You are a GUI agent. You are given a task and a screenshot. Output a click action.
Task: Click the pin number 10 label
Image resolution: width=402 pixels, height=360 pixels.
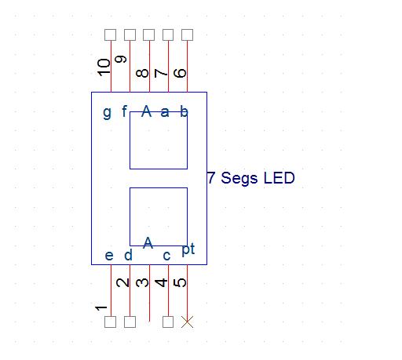click(x=104, y=67)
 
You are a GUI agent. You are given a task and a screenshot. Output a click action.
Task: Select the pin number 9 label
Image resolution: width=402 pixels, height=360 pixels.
click(x=121, y=59)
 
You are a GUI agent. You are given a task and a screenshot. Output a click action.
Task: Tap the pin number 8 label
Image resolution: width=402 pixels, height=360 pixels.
click(x=142, y=73)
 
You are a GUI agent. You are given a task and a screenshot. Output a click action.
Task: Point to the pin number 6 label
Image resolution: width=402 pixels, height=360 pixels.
click(x=180, y=73)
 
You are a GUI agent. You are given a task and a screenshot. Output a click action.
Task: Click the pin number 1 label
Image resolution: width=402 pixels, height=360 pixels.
click(x=101, y=308)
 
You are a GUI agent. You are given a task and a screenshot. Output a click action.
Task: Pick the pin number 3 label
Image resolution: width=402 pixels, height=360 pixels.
click(x=142, y=282)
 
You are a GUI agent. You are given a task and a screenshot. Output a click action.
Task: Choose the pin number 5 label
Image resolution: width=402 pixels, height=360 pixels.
click(x=180, y=282)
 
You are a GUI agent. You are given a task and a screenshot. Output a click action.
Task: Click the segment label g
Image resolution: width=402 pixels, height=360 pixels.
click(x=107, y=113)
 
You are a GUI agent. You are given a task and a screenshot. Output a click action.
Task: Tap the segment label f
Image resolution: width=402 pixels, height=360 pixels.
click(x=125, y=111)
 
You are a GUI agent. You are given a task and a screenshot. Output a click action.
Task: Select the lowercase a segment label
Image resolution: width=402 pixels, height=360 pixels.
click(x=165, y=112)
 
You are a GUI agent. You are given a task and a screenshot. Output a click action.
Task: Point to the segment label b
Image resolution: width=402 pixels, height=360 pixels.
click(x=184, y=111)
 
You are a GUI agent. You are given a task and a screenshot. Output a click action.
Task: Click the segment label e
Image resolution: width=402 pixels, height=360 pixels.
click(x=109, y=256)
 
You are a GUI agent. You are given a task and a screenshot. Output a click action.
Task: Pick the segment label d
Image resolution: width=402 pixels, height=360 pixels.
click(x=128, y=255)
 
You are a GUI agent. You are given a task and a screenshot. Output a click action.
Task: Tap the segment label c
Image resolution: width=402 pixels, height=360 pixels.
click(x=166, y=256)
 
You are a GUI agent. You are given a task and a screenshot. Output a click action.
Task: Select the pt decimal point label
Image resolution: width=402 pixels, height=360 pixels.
click(x=188, y=249)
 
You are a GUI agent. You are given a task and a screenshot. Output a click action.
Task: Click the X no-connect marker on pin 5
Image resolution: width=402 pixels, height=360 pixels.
click(x=187, y=322)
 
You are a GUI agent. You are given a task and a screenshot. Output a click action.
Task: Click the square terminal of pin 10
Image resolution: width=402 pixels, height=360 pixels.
click(x=111, y=35)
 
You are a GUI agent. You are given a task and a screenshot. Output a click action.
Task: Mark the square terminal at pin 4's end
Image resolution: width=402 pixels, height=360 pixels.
click(x=168, y=322)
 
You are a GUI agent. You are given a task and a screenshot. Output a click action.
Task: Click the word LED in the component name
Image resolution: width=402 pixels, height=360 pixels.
click(x=280, y=178)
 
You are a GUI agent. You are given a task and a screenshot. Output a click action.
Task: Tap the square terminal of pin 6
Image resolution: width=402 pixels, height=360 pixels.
click(x=188, y=35)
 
